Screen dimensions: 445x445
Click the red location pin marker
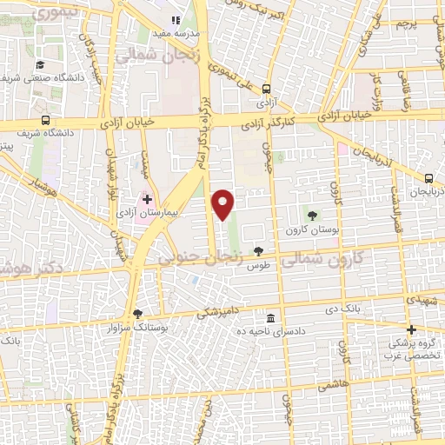pos(224,204)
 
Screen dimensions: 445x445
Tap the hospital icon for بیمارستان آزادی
pos(147,199)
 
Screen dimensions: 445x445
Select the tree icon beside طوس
pos(258,250)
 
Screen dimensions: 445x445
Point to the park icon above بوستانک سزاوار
pos(137,314)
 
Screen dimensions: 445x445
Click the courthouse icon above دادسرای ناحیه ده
pos(272,317)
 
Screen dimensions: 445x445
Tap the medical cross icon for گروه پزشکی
pos(412,329)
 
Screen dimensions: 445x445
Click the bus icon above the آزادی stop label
pos(266,88)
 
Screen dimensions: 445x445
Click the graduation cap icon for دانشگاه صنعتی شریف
pos(40,64)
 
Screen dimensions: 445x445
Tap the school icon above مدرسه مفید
pos(176,19)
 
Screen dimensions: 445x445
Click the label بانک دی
pos(342,308)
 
